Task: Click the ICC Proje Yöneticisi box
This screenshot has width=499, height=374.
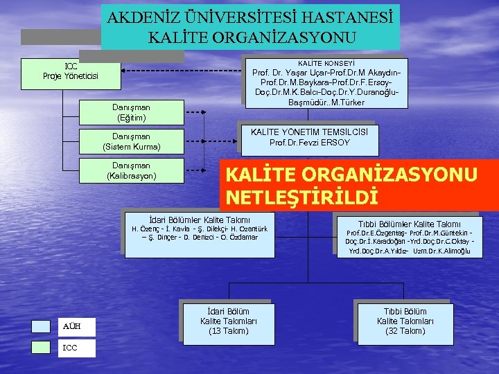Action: point(71,73)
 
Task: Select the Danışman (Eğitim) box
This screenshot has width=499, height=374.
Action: point(131,112)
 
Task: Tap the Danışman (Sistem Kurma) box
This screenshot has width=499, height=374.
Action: point(131,142)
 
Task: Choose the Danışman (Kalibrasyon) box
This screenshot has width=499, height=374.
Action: point(131,171)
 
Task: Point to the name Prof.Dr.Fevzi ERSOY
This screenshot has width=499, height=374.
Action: point(309,143)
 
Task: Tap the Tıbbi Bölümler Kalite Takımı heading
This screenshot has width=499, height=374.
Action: point(409,224)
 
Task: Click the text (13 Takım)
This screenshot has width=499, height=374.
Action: point(229,331)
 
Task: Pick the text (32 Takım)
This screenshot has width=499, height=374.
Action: point(405,331)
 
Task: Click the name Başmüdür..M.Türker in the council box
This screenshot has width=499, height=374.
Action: point(326,103)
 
